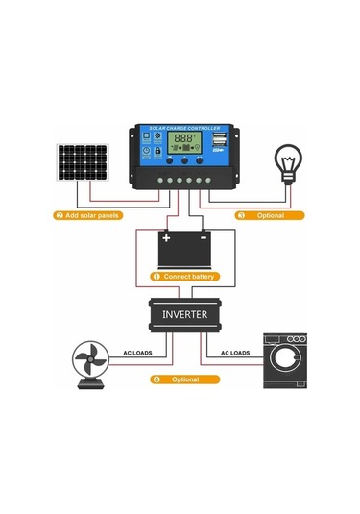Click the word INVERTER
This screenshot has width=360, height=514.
[x=183, y=313]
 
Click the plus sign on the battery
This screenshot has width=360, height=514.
[x=167, y=236]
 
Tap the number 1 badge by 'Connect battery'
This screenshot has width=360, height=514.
[x=156, y=276]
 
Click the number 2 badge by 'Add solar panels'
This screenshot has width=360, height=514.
[x=60, y=215]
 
